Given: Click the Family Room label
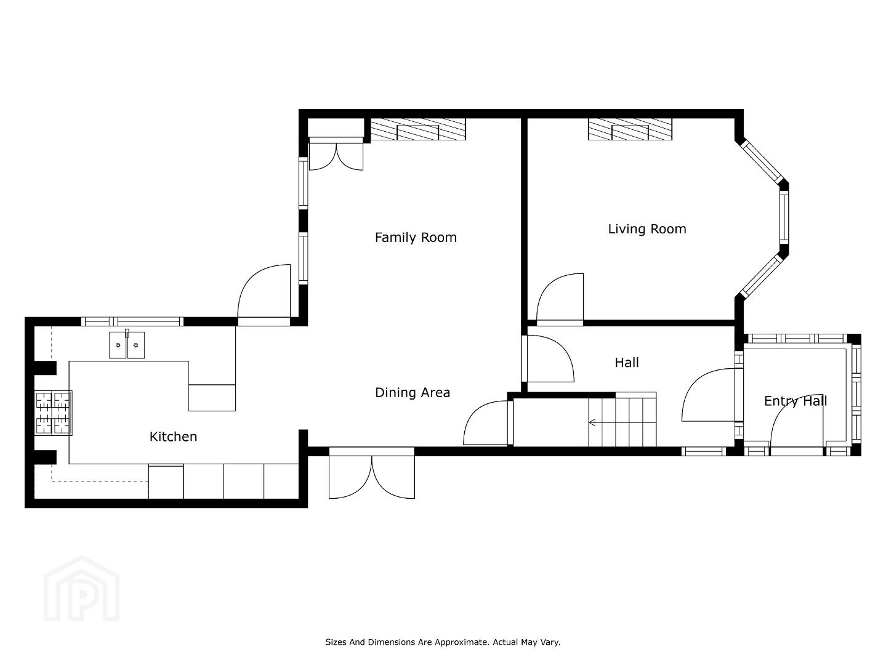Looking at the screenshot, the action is coord(416,238).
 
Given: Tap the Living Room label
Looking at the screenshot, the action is coord(647,229).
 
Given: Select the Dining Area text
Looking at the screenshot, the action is coord(413,393).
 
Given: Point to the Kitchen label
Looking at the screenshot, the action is coord(173,437).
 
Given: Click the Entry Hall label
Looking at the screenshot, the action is coord(795,401).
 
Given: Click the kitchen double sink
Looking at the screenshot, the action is coord(127,345).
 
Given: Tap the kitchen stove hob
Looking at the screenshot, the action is coord(54,413).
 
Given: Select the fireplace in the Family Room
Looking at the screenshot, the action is coord(418,129).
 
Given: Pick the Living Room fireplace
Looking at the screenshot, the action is coord(630,129).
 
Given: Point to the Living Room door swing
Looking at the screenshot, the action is coord(560,299).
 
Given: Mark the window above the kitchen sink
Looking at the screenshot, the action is coord(132,321).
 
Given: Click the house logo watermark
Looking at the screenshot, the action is coord(81,589).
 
